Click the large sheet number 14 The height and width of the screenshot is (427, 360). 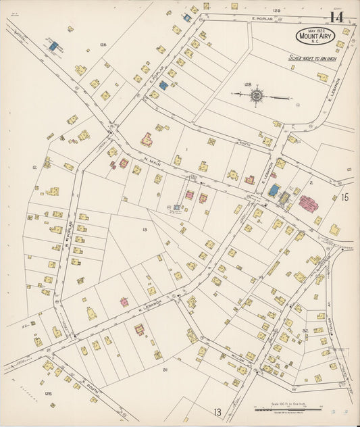pos(336,17)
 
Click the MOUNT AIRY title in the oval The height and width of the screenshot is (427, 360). pos(314,38)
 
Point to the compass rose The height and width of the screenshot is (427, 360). pos(257,96)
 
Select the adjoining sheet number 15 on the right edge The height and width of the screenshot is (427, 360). pos(344,197)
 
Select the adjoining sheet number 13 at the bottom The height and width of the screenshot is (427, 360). pos(217,412)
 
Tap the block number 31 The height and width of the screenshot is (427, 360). pos(164,370)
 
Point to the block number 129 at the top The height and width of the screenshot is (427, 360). pos(276,11)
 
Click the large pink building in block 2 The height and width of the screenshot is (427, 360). pos(309,203)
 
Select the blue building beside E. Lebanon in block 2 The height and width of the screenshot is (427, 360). pos(273,191)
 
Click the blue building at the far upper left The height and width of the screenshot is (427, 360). pos(53,46)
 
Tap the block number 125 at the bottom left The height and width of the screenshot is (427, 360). pos(48,393)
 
